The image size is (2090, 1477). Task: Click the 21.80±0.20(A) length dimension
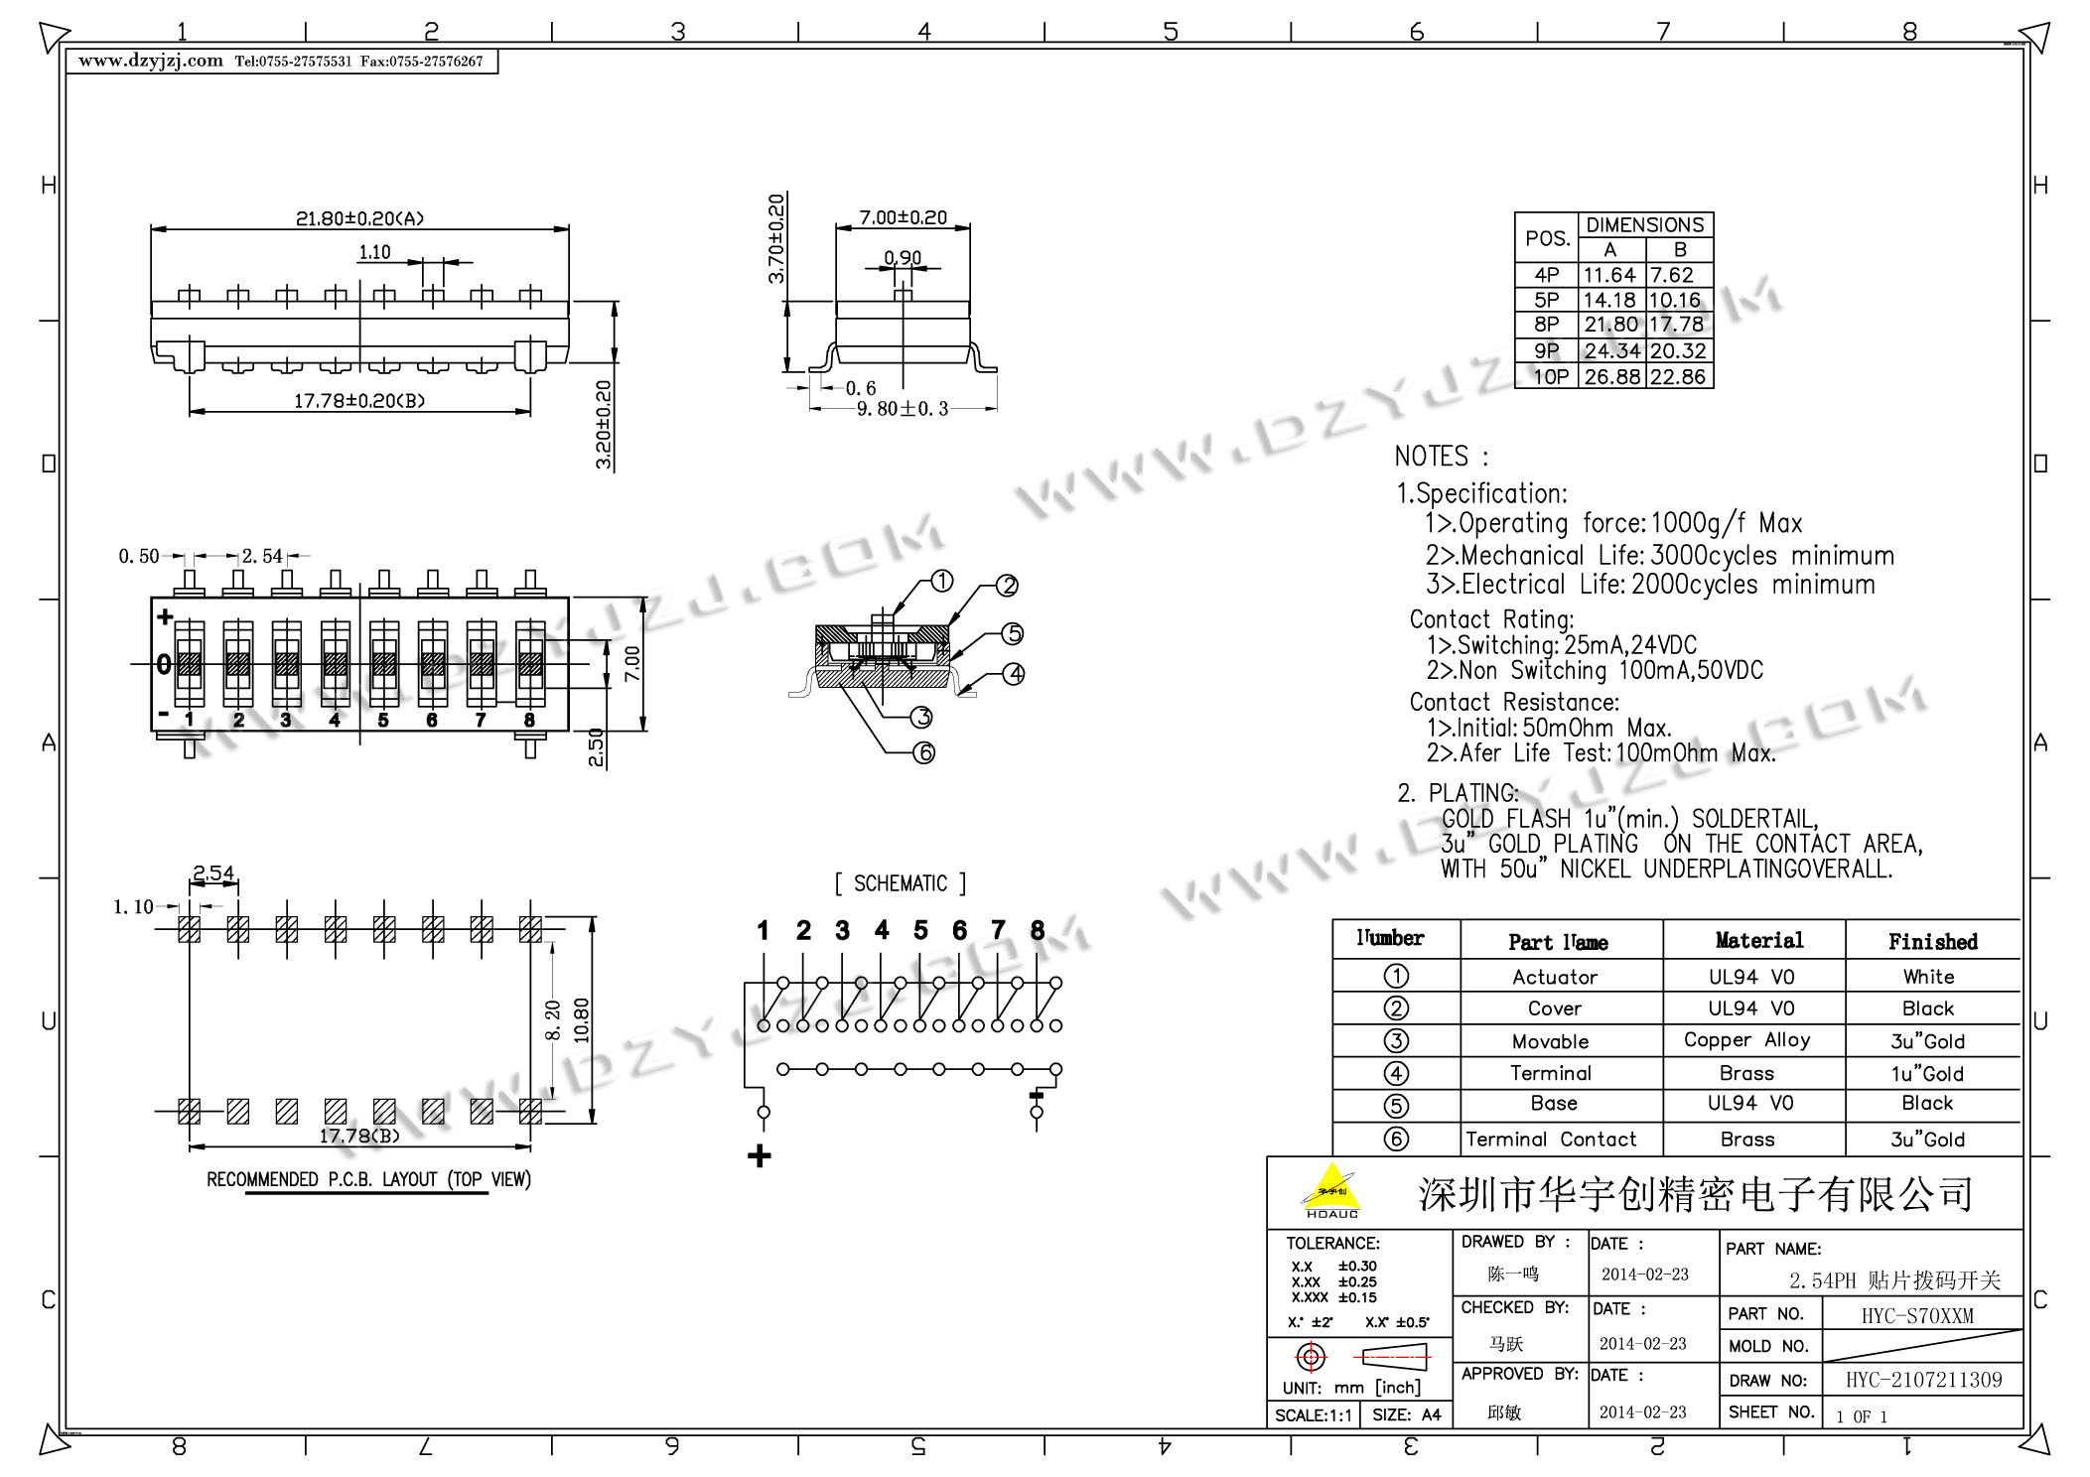click(359, 218)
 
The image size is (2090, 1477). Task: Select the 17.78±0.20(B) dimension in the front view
click(359, 401)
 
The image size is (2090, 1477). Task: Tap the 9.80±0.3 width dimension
click(903, 409)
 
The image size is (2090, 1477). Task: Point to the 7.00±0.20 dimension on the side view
click(903, 217)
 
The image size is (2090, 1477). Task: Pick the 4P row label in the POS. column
click(1547, 275)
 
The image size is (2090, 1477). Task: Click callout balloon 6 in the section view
click(924, 753)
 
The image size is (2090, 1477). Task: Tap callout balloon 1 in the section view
click(941, 582)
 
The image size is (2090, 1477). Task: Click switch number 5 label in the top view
click(383, 721)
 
